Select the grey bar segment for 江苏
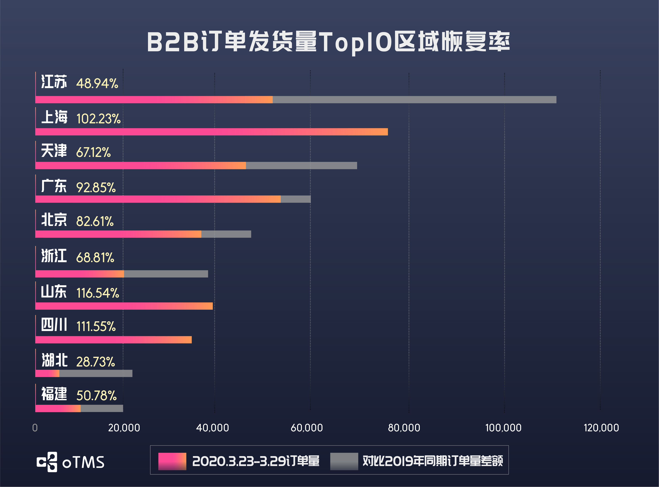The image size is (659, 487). point(414,100)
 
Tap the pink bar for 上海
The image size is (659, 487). point(211,132)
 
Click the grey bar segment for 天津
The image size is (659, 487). point(301,165)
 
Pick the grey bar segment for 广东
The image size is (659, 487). point(296,199)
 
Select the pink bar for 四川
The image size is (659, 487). point(113,340)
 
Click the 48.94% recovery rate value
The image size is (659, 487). point(97,84)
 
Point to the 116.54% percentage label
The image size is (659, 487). point(98,293)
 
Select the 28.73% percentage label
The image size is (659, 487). point(95,362)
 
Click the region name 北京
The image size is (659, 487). point(54,220)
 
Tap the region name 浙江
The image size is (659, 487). point(54,256)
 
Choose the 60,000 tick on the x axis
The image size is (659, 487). point(306,428)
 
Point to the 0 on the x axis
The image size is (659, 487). point(35,428)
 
